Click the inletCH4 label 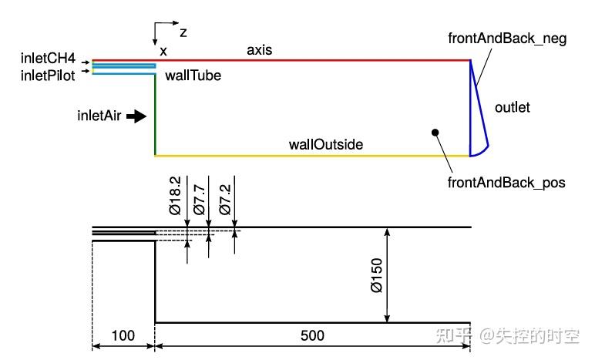tap(48, 59)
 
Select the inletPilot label tap(48, 76)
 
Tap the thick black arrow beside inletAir tap(136, 116)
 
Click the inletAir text tap(99, 116)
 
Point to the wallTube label tap(193, 76)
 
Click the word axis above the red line tap(259, 50)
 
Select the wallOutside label tap(325, 144)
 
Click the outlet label tap(513, 107)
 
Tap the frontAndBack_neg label tap(507, 39)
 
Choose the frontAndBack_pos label tap(506, 183)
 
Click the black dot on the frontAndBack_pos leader tap(435, 133)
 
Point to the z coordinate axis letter tap(183, 32)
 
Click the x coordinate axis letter tap(163, 51)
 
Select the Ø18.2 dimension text tap(175, 196)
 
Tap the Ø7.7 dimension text tap(199, 200)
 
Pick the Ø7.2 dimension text tap(225, 200)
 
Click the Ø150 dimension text tap(377, 275)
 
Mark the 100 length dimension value tap(123, 335)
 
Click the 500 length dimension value tap(312, 335)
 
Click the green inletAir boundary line tap(155, 115)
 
